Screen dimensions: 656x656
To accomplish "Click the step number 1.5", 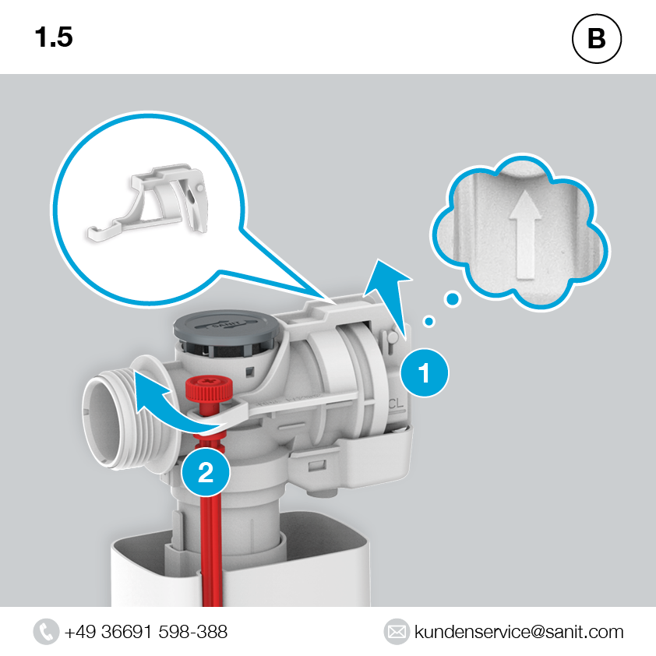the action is point(54,37).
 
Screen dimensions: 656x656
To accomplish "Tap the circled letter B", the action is point(597,38).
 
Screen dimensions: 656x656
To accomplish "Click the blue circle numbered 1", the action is point(425,372).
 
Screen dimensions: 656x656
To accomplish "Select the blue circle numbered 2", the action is point(206,472).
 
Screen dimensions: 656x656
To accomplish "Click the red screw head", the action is point(209,388).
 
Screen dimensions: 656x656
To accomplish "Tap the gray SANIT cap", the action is point(227,326).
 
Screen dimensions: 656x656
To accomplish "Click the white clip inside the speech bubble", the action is point(148,203).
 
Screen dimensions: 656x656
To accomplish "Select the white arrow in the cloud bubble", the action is point(525,235).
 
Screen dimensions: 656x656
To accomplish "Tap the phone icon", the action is point(46,631).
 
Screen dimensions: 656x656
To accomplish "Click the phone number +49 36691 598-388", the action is point(146,632).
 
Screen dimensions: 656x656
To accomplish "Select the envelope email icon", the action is point(397,631).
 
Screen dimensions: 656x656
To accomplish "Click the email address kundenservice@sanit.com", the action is point(519,632).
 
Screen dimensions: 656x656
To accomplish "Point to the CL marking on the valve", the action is point(395,404).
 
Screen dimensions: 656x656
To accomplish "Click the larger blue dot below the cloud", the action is point(452,298).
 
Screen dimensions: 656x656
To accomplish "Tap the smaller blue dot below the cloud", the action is point(429,321).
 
